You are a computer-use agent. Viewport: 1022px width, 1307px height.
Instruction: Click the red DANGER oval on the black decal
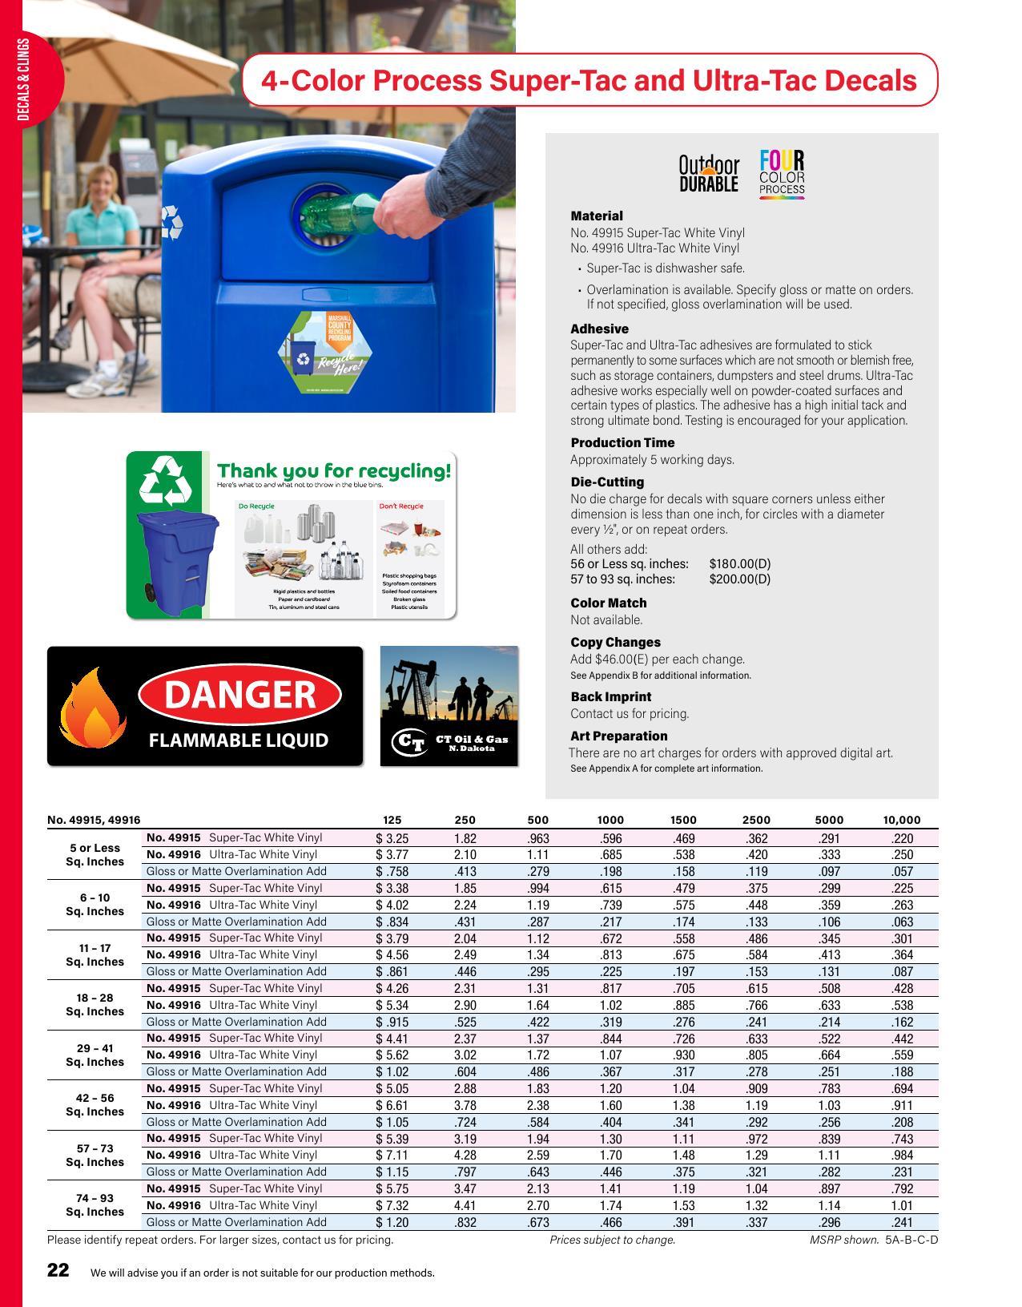coord(239,695)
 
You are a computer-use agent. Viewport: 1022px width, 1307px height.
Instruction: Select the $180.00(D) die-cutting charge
coord(739,563)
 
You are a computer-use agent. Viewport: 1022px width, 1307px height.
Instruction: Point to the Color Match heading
coord(608,603)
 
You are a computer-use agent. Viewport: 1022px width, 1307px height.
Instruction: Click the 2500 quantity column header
coord(755,820)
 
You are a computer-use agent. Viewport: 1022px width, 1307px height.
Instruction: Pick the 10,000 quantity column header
coord(901,820)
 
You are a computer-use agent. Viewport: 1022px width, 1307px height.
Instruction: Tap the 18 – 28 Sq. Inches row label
coord(95,1005)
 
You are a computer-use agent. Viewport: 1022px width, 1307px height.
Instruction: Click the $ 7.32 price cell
coord(392,1205)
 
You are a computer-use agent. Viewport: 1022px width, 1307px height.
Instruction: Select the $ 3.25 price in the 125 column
coord(392,838)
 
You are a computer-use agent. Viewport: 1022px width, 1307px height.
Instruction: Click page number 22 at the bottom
coord(58,1270)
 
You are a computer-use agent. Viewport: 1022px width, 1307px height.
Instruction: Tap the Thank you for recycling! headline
coord(334,470)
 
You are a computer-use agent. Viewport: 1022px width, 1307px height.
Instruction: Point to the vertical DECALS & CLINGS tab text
coord(23,80)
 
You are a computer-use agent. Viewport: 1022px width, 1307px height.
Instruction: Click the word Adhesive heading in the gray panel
coord(599,329)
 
